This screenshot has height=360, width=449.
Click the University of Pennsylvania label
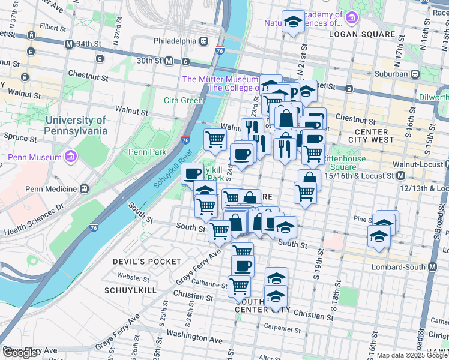(x=76, y=125)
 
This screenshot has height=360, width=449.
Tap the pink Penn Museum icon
(x=71, y=157)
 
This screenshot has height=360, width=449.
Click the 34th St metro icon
(x=70, y=44)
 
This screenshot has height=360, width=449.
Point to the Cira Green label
(x=184, y=100)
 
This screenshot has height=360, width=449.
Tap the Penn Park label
(x=147, y=152)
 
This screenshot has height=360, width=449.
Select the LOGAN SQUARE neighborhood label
(x=362, y=34)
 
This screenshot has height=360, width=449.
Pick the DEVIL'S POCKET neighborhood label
(x=147, y=262)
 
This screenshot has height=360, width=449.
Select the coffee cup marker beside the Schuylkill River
(x=193, y=174)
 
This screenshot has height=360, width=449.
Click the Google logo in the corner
(x=20, y=353)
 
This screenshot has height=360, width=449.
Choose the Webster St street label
(x=133, y=277)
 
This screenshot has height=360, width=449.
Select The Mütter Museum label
(x=220, y=79)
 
